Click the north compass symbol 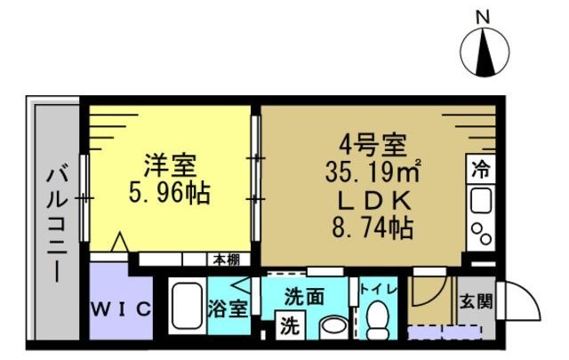tap(485, 53)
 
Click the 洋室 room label tap(172, 166)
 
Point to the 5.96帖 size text tap(172, 193)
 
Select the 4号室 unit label tap(372, 143)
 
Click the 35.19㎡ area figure tap(372, 169)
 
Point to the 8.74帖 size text tap(372, 228)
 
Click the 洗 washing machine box tap(288, 325)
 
